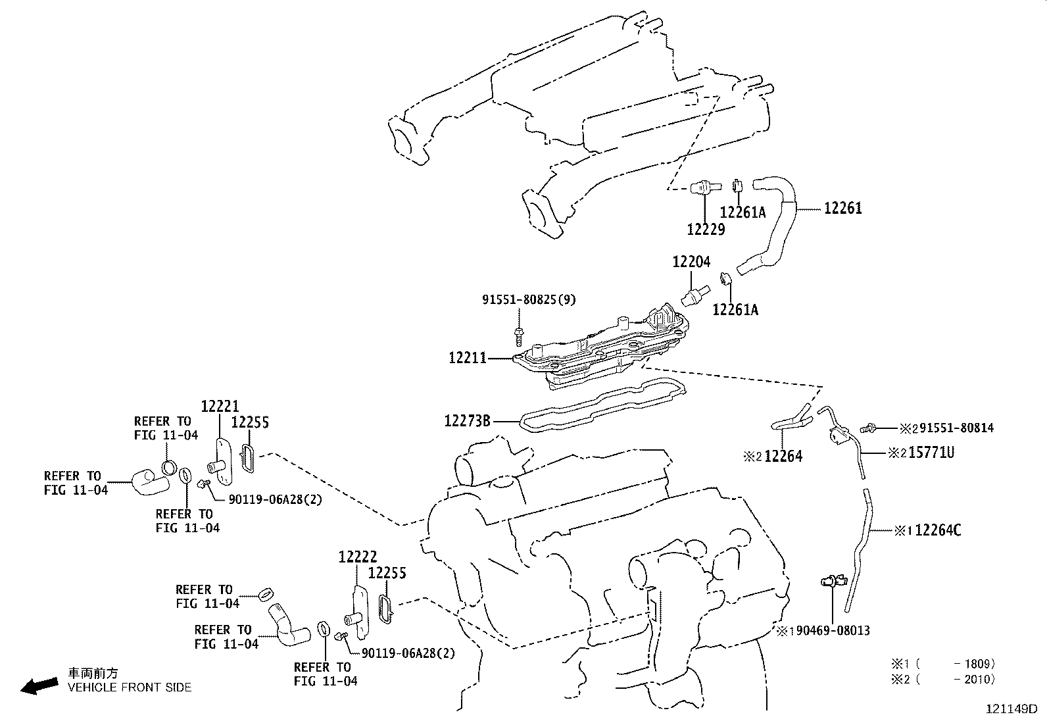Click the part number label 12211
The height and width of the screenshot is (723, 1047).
(468, 358)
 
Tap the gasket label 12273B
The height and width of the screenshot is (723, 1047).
(467, 421)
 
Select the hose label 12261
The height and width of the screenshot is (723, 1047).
(842, 208)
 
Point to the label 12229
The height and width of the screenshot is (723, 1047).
(706, 229)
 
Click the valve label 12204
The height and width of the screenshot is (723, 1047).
(691, 261)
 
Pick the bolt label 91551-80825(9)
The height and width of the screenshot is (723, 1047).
(529, 299)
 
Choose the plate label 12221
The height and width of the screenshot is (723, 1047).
(220, 406)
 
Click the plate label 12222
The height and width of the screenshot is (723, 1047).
(358, 557)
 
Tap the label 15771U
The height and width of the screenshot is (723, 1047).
(931, 453)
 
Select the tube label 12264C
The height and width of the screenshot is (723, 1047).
(938, 530)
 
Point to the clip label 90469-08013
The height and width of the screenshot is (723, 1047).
(833, 631)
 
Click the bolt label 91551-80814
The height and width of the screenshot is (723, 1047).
(957, 428)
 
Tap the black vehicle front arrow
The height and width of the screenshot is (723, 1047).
(39, 686)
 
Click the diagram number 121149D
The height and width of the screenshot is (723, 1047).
(1011, 709)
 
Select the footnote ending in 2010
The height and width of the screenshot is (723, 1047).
(943, 679)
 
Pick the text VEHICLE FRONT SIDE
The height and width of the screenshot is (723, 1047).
(130, 687)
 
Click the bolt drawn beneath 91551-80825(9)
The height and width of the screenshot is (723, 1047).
(518, 336)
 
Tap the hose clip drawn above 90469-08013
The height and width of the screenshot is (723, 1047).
(833, 581)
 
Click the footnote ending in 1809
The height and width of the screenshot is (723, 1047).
(943, 664)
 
